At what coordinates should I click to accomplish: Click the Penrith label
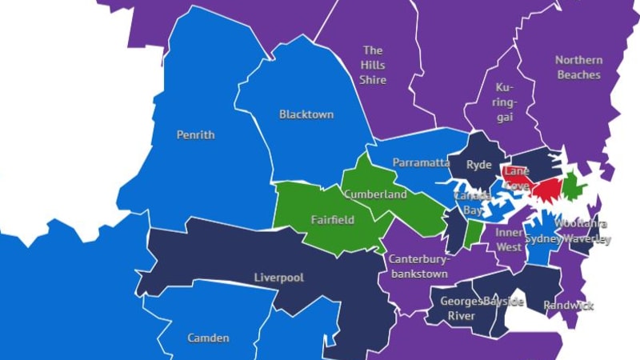coord(195,135)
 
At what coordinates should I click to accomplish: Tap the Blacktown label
coord(306,114)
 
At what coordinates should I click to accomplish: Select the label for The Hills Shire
coord(373,65)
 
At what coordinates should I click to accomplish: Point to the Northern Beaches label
coord(578,67)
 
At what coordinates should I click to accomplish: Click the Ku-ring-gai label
coord(505,102)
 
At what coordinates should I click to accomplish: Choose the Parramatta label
coord(421,162)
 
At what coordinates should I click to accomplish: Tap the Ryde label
coord(479,164)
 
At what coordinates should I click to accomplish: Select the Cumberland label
coord(375,194)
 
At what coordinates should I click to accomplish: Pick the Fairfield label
coord(332,219)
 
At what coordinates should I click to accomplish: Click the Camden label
coord(208,338)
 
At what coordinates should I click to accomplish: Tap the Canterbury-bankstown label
coord(420,266)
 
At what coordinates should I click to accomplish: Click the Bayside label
coord(504,302)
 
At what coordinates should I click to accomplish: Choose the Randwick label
coord(568,306)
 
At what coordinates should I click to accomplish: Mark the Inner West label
coord(509,239)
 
